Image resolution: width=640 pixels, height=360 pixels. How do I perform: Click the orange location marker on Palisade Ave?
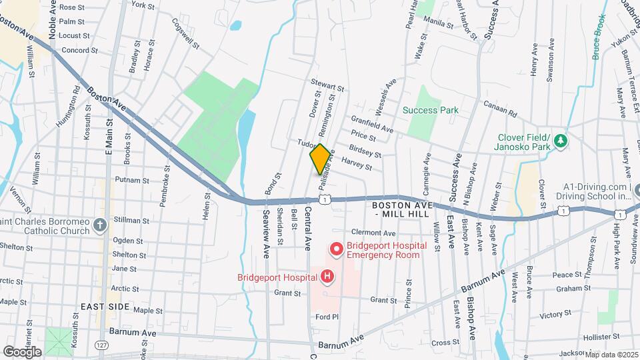pos(320,159)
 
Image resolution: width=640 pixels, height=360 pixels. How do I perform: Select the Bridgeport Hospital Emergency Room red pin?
pos(337,249)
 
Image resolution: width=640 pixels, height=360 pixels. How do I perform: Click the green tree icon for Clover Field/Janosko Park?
pos(561,141)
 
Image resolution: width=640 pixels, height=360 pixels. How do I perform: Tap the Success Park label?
pos(429,110)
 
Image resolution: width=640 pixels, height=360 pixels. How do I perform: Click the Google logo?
pos(22,351)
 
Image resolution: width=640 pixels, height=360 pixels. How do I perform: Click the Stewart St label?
pos(327,86)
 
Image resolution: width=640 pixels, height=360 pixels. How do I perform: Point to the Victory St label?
pos(557,313)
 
